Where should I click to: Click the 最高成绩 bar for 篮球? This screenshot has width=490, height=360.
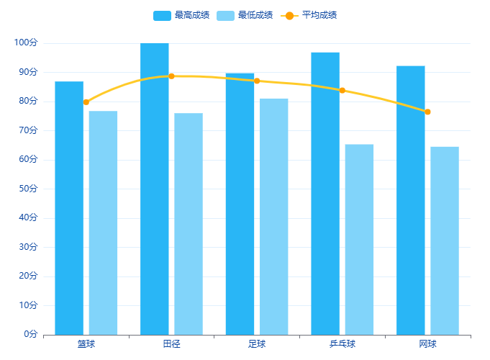(69, 208)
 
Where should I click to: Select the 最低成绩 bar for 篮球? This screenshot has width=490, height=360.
(103, 222)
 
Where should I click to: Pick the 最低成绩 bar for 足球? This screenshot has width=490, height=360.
(274, 216)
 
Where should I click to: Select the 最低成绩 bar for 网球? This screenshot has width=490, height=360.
(445, 240)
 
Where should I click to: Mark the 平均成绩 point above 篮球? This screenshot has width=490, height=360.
(86, 102)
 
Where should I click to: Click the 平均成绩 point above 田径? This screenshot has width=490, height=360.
(171, 76)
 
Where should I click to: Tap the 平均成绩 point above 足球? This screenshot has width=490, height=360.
(257, 81)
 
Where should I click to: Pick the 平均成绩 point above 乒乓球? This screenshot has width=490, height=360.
(342, 91)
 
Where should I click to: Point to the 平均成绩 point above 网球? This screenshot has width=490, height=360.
(427, 112)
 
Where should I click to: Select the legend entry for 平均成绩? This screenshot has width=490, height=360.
(310, 15)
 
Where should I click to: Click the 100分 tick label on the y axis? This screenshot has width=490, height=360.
(25, 43)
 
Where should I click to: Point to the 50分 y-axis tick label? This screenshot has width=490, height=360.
(27, 189)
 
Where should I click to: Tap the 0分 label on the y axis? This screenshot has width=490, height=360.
(30, 334)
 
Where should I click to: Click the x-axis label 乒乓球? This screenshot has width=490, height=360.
(342, 344)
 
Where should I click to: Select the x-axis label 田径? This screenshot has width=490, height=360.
(171, 344)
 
